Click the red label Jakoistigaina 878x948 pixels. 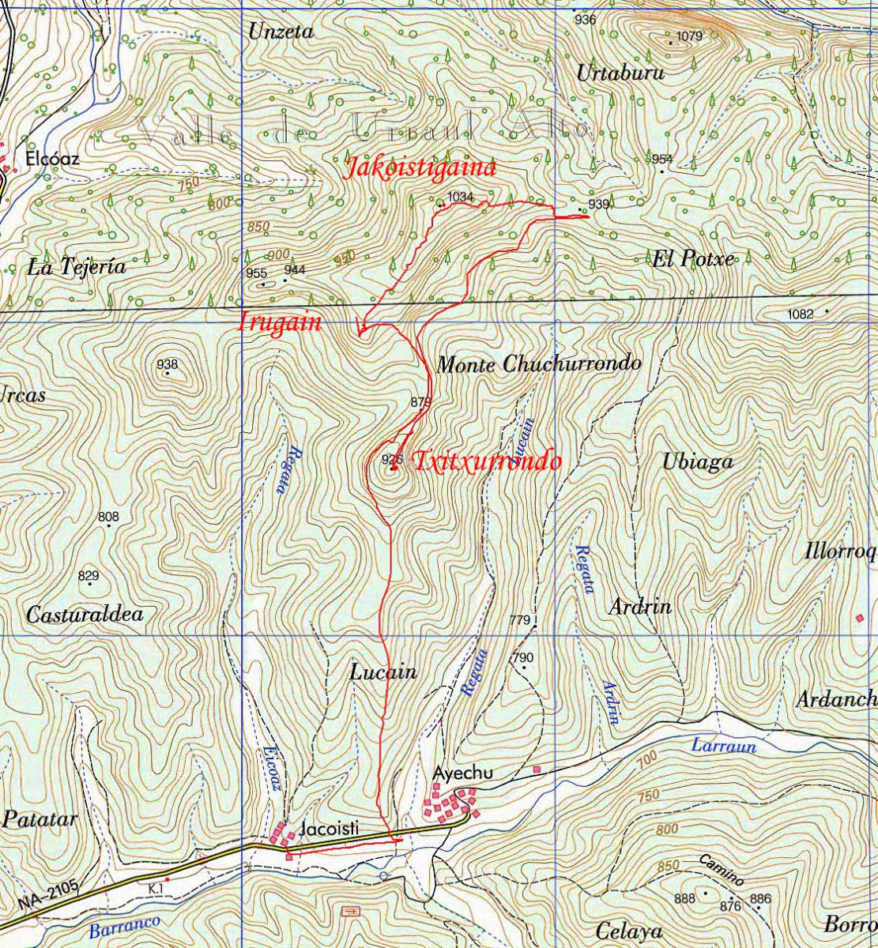(421, 168)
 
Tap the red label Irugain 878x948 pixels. (280, 323)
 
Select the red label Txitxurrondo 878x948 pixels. (488, 461)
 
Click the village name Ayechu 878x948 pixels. (463, 773)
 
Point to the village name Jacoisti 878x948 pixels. (330, 829)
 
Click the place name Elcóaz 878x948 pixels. (53, 159)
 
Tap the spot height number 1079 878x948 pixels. (690, 36)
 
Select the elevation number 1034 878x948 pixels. (460, 197)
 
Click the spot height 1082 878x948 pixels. (801, 314)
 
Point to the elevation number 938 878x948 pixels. (168, 364)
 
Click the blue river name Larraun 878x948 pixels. (724, 745)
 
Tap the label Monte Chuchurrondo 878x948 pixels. (538, 365)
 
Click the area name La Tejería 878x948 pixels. (77, 267)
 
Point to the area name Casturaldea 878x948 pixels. (85, 614)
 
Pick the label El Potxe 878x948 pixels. (692, 259)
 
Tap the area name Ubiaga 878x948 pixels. (698, 462)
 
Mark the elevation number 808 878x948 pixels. (109, 517)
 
